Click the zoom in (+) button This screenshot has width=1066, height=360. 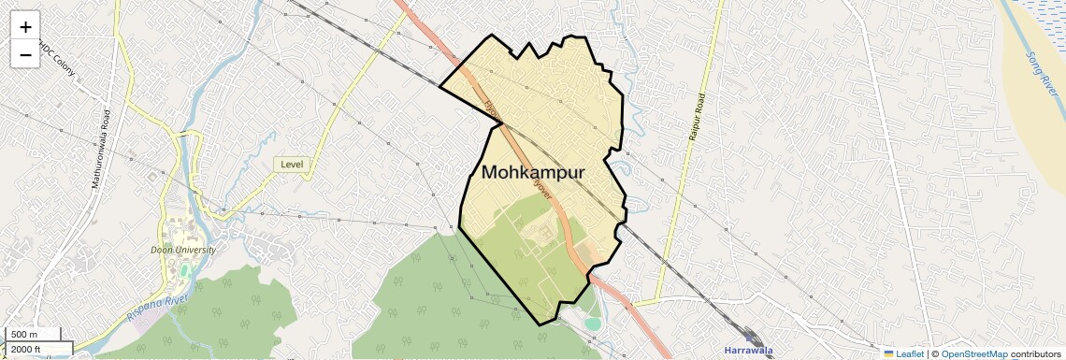pos(25,27)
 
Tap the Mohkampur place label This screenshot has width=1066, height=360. pos(533,173)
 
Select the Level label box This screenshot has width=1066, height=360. pos(293,165)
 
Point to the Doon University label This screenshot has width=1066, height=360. pos(183,250)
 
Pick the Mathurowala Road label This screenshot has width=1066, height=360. pos(101,149)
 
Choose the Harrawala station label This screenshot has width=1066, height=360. pos(748,350)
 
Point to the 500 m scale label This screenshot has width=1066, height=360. pos(23,335)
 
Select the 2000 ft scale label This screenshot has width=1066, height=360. pos(26,350)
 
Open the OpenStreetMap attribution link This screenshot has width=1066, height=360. pos(973,353)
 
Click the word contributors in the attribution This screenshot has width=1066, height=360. pos(1034,353)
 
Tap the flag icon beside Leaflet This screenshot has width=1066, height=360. pos(889,353)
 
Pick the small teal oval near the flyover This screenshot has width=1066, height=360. pos(592,324)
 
